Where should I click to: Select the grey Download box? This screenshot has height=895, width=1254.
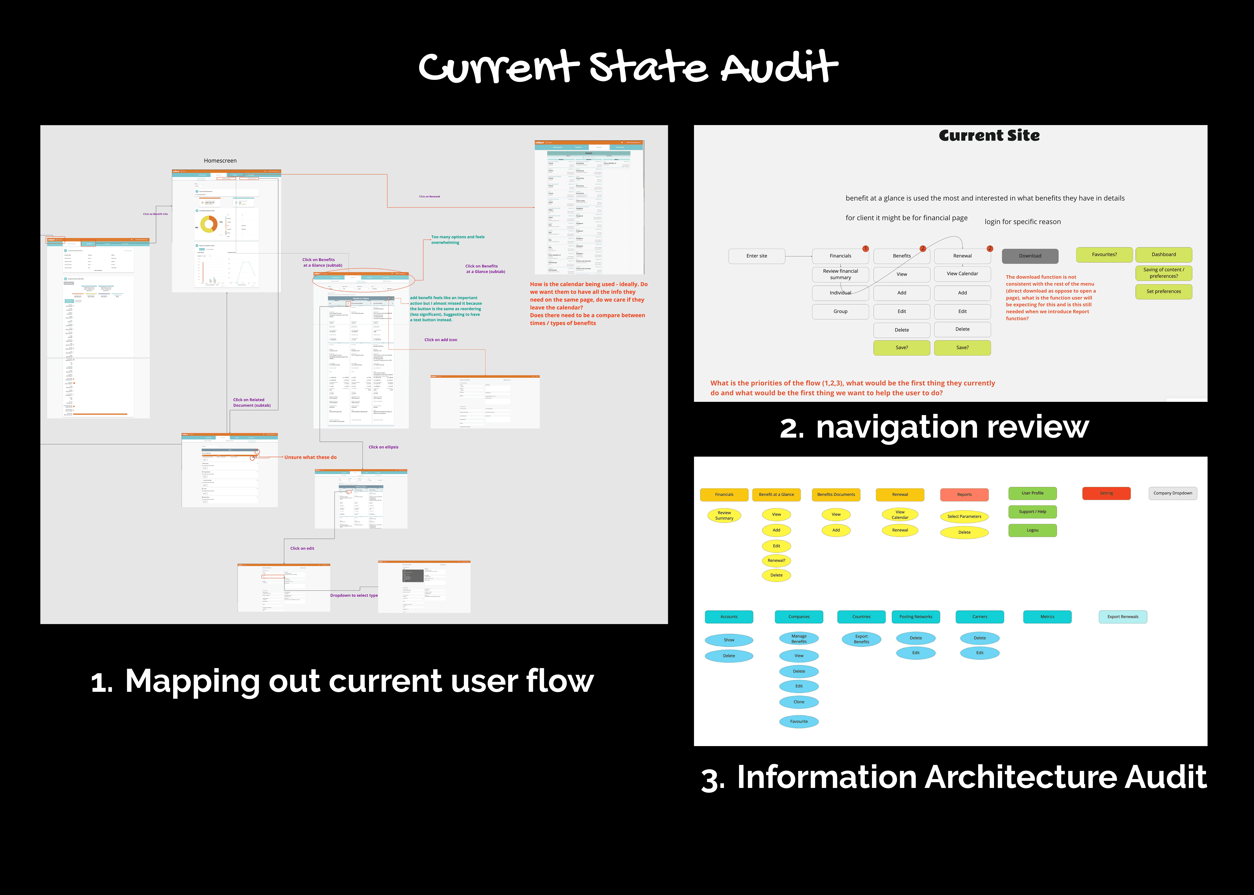1030,256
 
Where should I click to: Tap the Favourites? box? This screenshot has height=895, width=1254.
1104,255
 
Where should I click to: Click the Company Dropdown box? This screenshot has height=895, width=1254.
1172,493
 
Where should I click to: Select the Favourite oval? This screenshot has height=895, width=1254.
799,721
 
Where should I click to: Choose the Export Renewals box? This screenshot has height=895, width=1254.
1123,617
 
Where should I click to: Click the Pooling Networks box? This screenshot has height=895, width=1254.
916,617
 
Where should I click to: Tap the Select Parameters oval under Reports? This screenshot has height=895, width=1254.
964,517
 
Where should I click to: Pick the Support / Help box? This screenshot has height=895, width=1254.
1032,511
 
